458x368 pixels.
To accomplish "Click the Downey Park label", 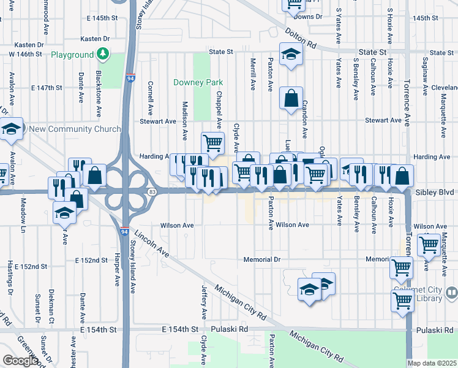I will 198,82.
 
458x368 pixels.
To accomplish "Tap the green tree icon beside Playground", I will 103,55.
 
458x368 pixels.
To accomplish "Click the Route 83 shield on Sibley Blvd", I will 151,193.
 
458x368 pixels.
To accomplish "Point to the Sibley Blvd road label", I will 434,192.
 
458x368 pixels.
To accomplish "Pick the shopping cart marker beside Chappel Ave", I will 212,142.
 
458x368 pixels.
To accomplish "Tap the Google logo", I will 20,360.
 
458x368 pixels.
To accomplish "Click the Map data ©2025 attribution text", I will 432,363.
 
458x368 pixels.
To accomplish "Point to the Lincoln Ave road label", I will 152,243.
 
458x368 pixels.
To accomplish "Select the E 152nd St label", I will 92,260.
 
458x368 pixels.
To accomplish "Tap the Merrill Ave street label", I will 253,74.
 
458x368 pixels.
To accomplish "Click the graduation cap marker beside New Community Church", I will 11,129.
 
